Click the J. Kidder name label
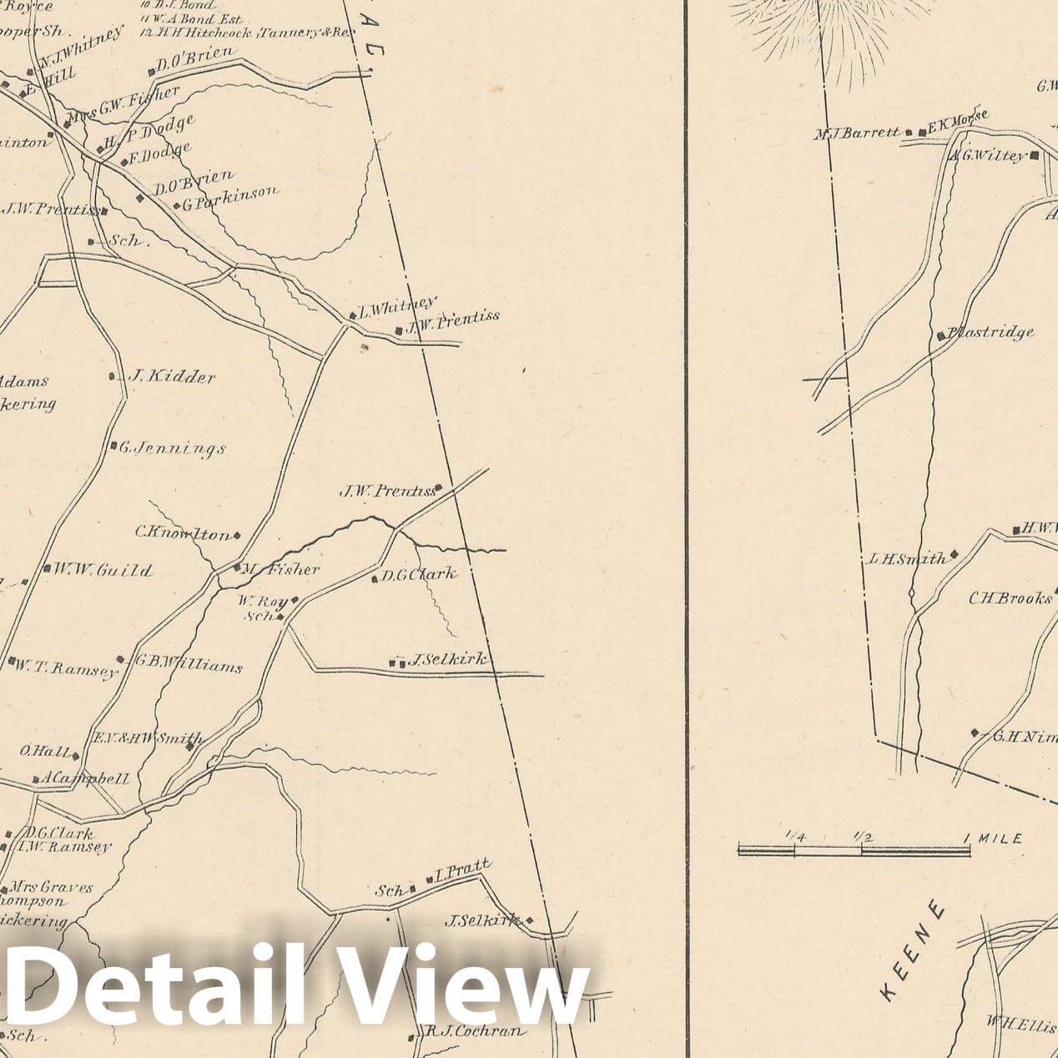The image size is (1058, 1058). tap(170, 376)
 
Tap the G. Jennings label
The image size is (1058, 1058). tap(172, 449)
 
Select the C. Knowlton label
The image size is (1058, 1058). tap(183, 533)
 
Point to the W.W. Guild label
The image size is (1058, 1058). tap(103, 571)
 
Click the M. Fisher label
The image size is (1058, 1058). tap(280, 569)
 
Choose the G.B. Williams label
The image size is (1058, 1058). tap(189, 666)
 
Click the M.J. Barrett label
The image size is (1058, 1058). tap(857, 132)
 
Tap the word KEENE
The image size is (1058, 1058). tap(914, 950)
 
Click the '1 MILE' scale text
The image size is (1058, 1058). tap(993, 838)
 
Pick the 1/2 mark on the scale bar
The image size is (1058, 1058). tap(862, 836)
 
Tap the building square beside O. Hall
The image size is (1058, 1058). tap(75, 757)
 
